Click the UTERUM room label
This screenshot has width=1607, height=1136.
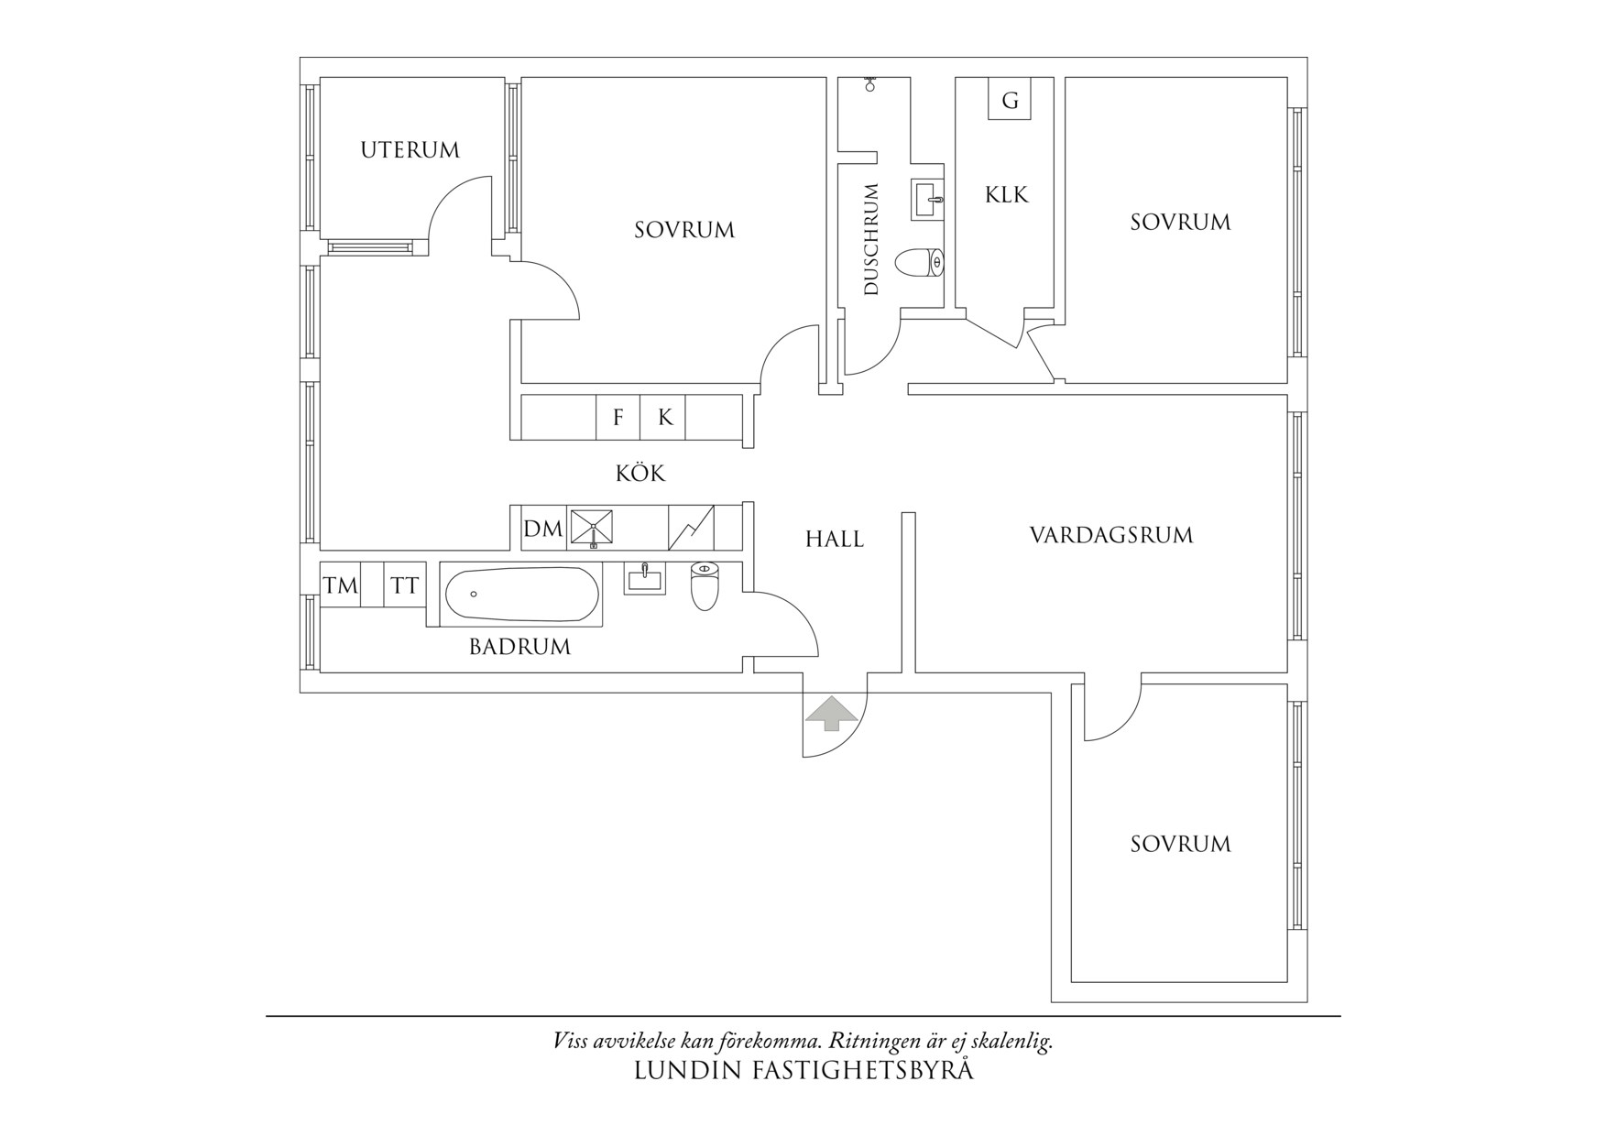tap(410, 149)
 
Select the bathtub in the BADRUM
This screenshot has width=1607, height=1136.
tap(522, 595)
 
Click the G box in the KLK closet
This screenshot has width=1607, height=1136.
tap(1010, 100)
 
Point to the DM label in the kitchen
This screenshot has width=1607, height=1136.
tap(542, 530)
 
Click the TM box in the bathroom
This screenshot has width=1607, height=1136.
tap(340, 585)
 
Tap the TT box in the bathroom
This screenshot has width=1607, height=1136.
tap(404, 585)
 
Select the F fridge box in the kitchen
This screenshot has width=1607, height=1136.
tap(618, 418)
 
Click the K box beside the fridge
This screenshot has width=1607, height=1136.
tap(665, 418)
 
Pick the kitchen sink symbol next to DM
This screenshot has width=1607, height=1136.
tap(592, 529)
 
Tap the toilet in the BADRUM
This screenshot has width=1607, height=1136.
tap(704, 586)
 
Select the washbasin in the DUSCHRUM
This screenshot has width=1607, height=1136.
tap(927, 199)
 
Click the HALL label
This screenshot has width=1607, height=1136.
tap(834, 539)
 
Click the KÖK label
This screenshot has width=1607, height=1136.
tap(640, 474)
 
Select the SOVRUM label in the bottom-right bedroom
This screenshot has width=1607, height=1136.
tap(1180, 844)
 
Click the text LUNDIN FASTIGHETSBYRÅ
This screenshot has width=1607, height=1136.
tap(803, 1070)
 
